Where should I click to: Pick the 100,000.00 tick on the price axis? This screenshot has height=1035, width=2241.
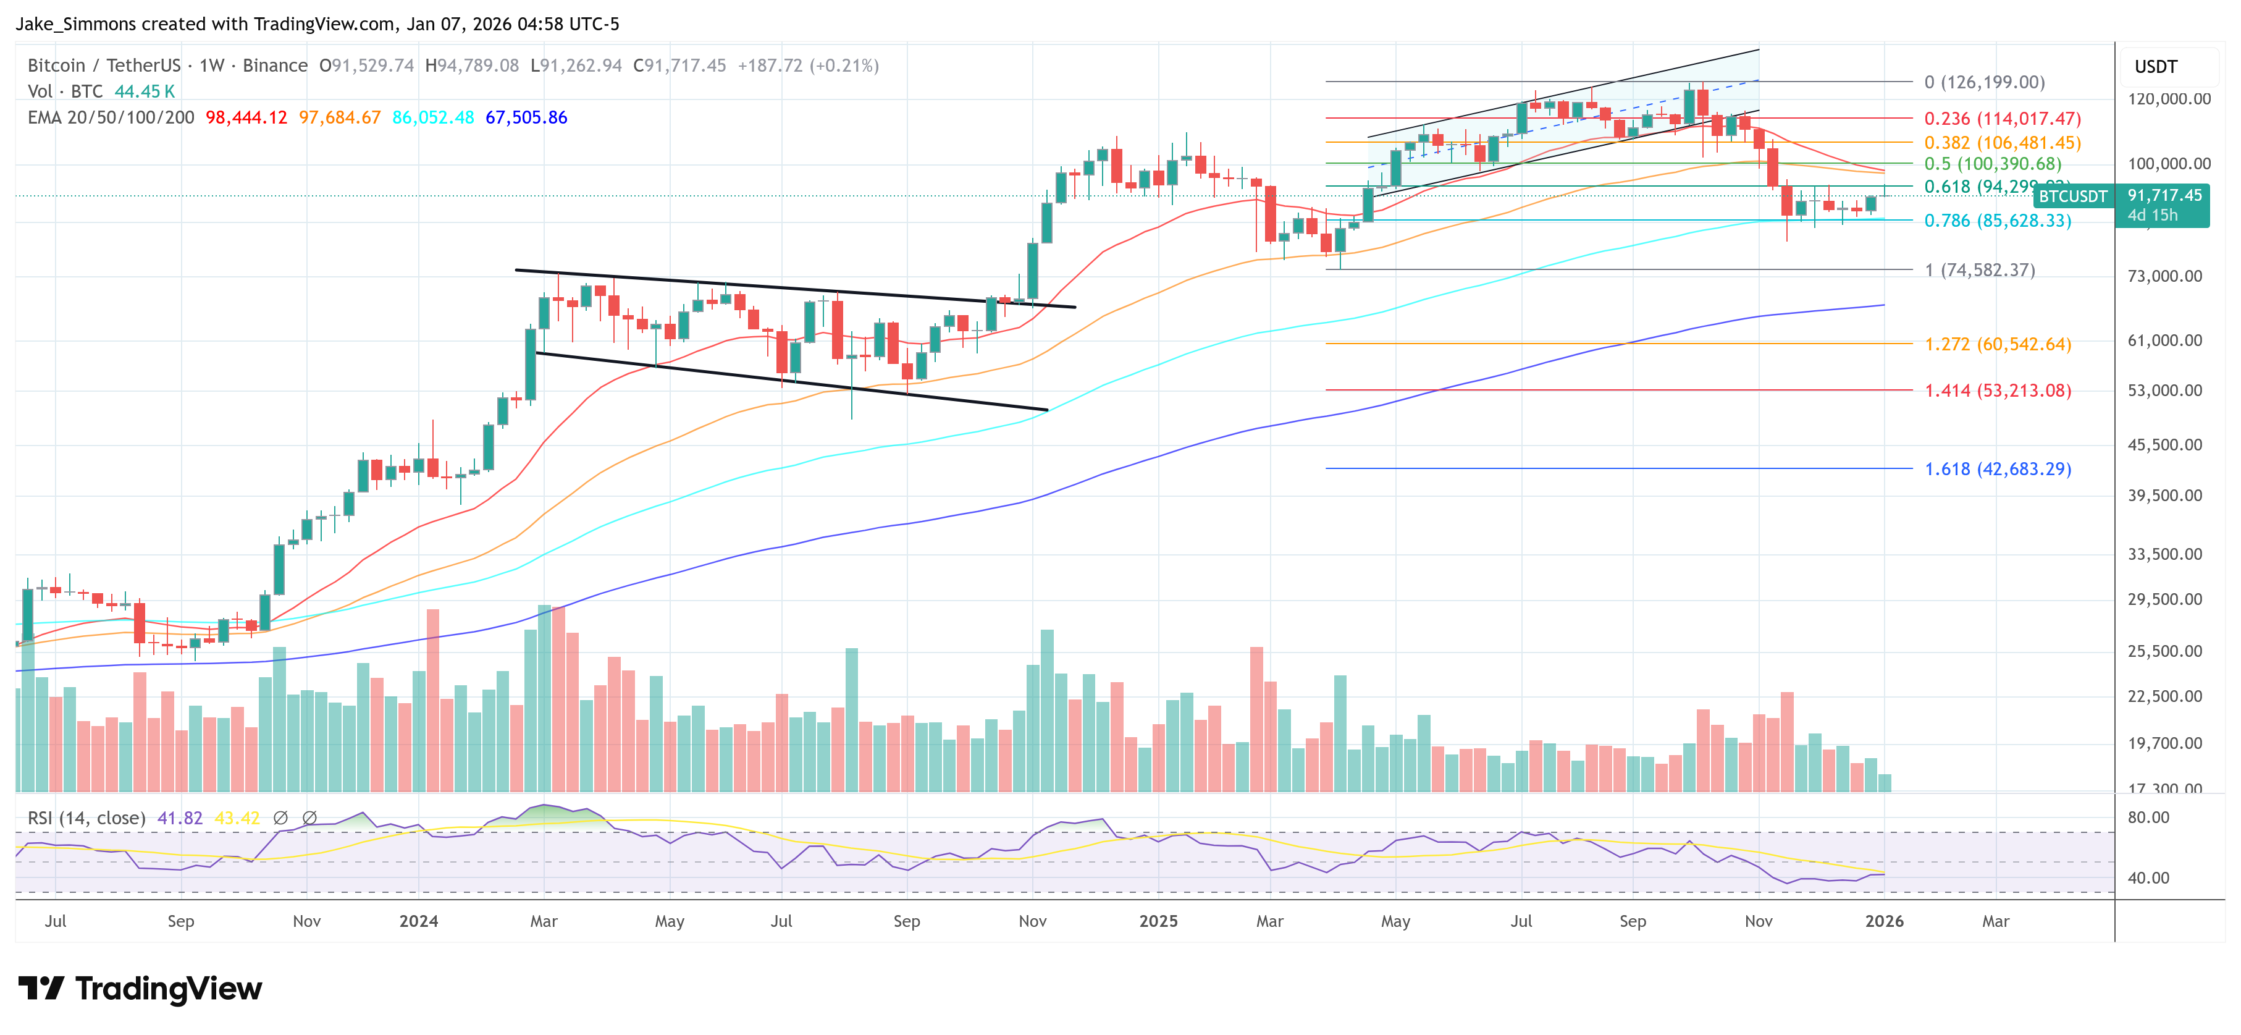[2168, 164]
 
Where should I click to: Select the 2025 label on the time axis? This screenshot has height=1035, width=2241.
[1158, 921]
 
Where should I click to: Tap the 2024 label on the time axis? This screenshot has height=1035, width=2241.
[418, 921]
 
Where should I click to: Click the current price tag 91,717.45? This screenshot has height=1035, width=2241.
[2164, 196]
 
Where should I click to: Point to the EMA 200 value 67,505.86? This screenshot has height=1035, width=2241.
[526, 117]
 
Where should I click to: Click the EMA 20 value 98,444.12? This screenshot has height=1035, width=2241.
[246, 117]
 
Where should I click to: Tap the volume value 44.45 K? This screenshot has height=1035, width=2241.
[145, 91]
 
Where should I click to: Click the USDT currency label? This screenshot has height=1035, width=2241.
[2155, 67]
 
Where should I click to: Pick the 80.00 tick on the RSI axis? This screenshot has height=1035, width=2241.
[2148, 817]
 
